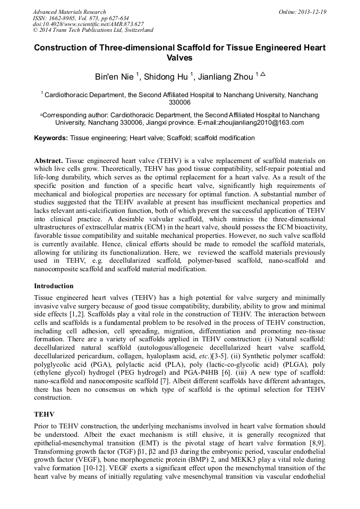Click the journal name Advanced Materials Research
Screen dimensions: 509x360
point(69,12)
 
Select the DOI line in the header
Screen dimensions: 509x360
point(88,24)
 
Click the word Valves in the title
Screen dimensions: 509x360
point(179,57)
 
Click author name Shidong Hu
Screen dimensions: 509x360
point(166,77)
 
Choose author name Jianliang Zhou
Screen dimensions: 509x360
point(226,77)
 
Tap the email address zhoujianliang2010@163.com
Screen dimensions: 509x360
point(260,123)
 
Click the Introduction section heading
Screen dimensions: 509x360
point(54,286)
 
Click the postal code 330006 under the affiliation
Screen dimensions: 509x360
point(179,102)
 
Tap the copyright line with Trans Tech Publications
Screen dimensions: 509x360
point(93,30)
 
